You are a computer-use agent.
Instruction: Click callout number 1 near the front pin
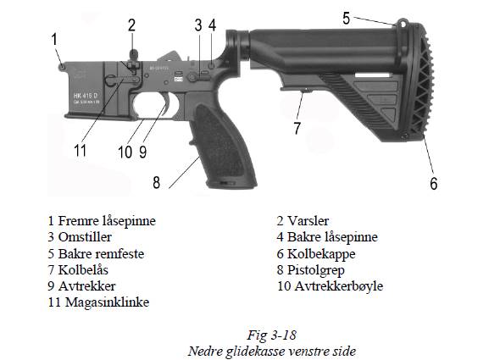[x=54, y=39]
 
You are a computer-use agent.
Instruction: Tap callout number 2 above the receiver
[x=131, y=25]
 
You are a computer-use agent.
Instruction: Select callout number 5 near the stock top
[x=346, y=19]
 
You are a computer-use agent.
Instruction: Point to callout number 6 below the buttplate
[x=433, y=183]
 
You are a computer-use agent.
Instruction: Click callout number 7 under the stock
[x=297, y=128]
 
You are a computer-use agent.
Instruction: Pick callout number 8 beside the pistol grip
[x=156, y=182]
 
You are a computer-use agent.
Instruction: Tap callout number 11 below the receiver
[x=80, y=150]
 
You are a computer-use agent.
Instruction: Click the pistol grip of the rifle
[x=223, y=147]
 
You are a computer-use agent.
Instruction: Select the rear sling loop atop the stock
[x=403, y=23]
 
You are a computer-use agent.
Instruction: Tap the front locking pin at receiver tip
[x=62, y=66]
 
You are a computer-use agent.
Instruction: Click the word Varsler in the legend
[x=308, y=221]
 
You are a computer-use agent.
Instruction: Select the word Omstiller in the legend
[x=85, y=237]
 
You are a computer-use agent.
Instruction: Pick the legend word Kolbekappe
[x=321, y=254]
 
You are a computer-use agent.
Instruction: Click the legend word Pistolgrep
[x=316, y=270]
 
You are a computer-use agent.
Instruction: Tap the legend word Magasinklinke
[x=108, y=302]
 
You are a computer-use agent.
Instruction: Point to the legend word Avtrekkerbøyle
[x=339, y=286]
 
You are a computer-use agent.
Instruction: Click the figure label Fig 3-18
[x=272, y=335]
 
